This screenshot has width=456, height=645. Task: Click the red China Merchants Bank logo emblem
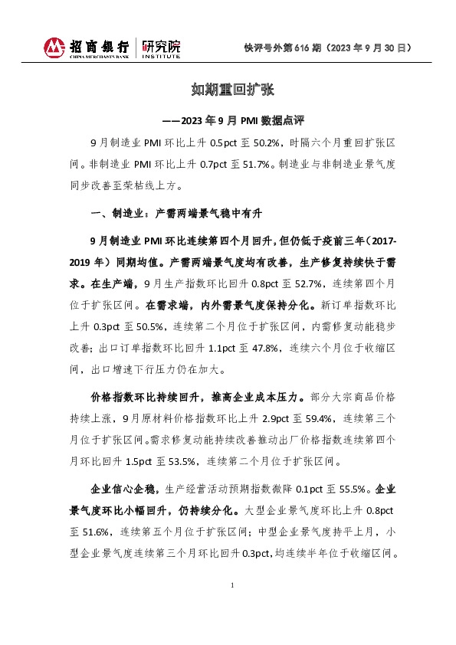coord(54,47)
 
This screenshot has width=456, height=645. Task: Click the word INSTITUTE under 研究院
coord(162,57)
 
